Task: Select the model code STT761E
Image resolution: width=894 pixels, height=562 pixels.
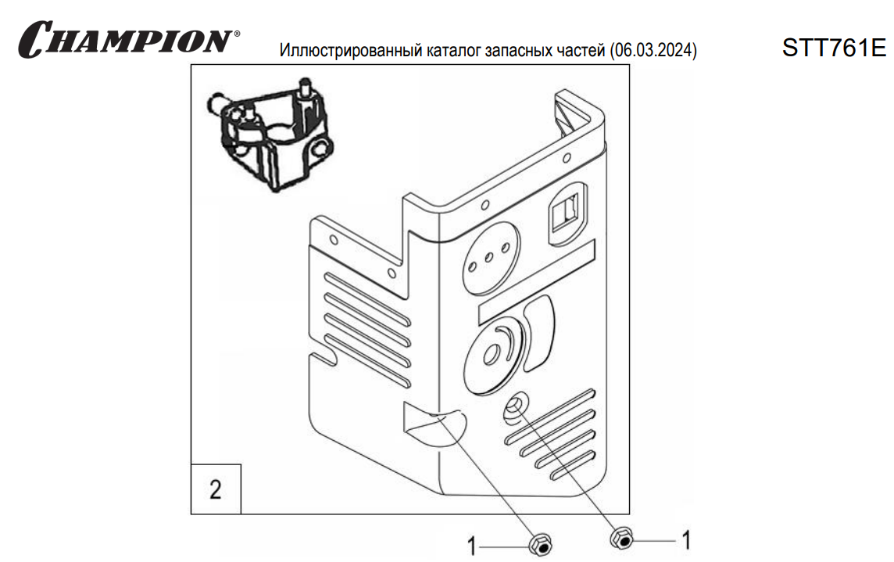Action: tap(834, 49)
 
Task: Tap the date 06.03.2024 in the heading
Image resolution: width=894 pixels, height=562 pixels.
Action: tap(655, 52)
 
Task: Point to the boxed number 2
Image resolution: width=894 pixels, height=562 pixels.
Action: tap(215, 490)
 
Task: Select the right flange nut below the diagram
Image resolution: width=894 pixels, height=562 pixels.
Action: tap(620, 538)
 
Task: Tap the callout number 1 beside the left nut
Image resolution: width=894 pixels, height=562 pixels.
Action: tap(471, 546)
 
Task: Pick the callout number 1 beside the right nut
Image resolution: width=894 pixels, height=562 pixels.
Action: tap(686, 539)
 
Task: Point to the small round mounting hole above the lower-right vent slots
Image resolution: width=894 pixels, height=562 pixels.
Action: tap(516, 406)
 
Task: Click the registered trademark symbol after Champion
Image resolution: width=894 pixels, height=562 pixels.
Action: tap(237, 35)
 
